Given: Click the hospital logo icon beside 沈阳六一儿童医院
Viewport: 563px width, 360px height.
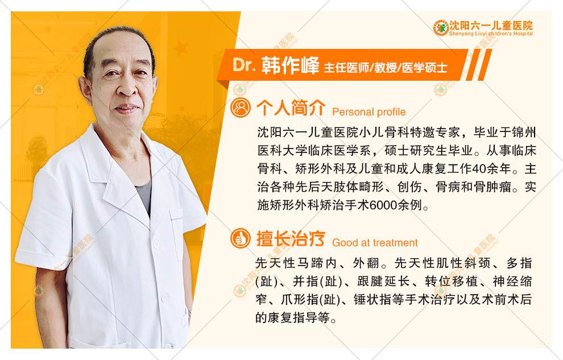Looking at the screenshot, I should pos(441,27).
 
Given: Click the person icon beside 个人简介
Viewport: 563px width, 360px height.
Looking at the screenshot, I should pos(241,108).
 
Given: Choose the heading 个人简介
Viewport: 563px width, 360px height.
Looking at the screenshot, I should pos(291,107).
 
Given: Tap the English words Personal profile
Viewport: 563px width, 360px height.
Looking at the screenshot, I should pos(369,112).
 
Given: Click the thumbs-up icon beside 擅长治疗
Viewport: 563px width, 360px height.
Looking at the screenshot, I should pos(241,238).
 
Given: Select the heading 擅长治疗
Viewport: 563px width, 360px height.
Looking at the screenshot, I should pos(291,238).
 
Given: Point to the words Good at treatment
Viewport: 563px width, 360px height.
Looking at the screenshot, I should pos(375,243).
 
